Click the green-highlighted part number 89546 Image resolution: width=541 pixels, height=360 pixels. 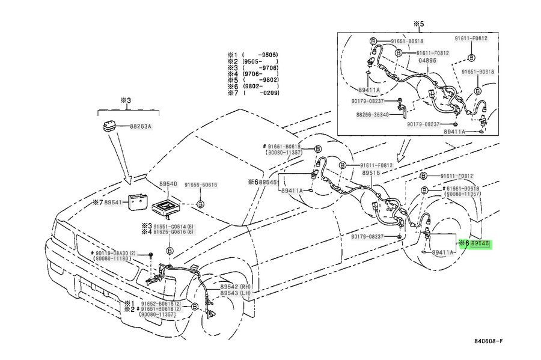tap(480, 244)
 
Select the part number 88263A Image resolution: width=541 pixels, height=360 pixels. tap(141, 126)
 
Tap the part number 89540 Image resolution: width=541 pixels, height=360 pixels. tap(168, 183)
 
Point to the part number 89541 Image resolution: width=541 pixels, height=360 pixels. tap(114, 203)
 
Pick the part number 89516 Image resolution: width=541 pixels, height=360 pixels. tap(370, 172)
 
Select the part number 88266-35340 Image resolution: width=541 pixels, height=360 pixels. tap(373, 114)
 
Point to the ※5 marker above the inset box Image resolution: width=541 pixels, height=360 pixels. tap(418, 23)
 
